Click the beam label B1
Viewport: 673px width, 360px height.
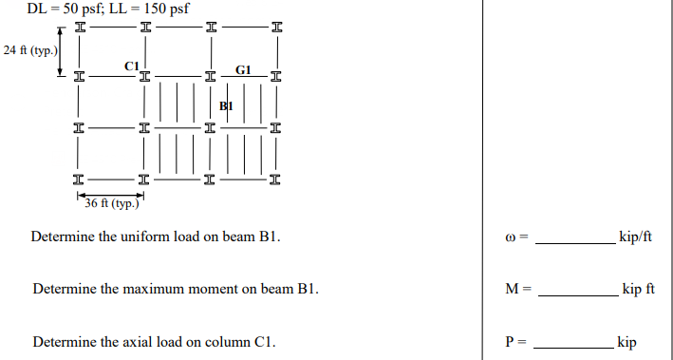tap(225, 106)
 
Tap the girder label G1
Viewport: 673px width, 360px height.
tap(243, 70)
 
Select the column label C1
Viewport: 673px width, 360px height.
tap(132, 65)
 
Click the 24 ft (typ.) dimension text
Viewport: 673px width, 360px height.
tap(30, 49)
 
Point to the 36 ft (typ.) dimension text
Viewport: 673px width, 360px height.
tap(112, 203)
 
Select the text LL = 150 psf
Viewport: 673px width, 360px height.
tap(151, 9)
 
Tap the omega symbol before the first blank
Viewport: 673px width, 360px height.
tap(512, 237)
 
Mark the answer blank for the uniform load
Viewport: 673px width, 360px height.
tap(574, 241)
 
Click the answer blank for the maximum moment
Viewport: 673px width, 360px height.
tap(577, 293)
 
